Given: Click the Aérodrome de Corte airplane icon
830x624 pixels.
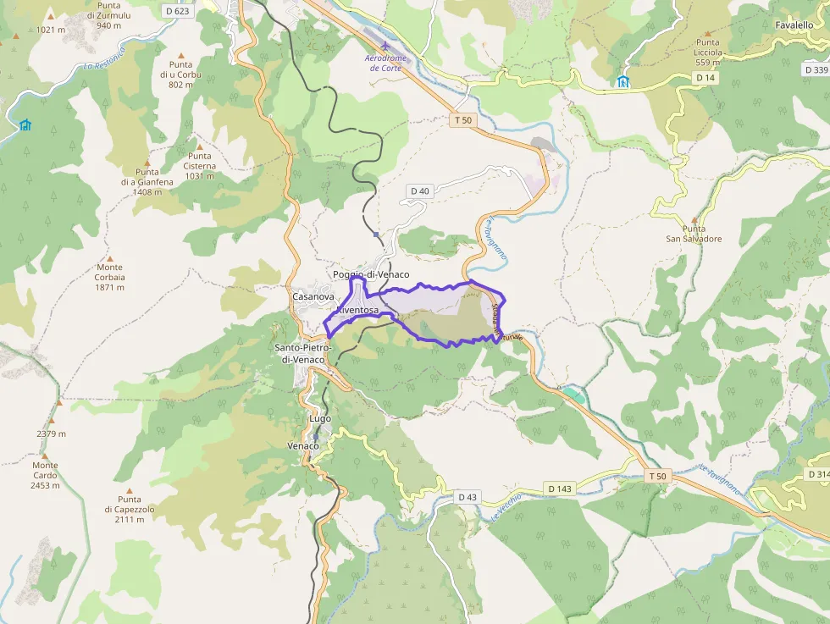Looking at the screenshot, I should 385,45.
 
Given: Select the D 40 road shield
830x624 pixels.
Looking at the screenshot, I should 420,191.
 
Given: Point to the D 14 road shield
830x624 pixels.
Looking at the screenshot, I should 705,77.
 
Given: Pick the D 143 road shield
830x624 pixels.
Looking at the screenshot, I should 560,489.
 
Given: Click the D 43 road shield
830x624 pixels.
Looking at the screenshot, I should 468,496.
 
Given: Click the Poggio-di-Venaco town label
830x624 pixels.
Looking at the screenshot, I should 371,275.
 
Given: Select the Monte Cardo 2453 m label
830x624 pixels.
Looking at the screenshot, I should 46,475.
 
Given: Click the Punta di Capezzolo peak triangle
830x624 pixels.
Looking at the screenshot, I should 130,489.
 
